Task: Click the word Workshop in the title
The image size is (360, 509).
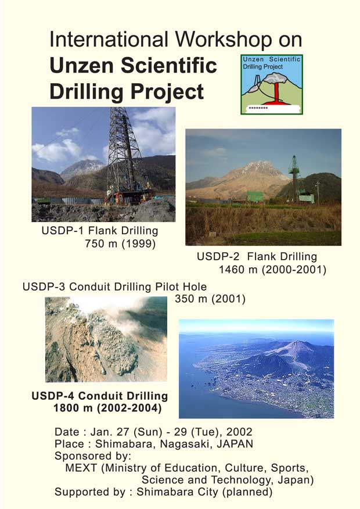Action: pos(224,40)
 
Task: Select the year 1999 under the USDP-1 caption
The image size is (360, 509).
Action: pos(139,243)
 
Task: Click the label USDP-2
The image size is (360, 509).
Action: pos(218,257)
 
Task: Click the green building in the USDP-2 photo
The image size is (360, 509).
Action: pos(255,196)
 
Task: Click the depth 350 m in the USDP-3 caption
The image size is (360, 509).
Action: pos(191,299)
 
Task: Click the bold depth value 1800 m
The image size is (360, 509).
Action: pos(73,408)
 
